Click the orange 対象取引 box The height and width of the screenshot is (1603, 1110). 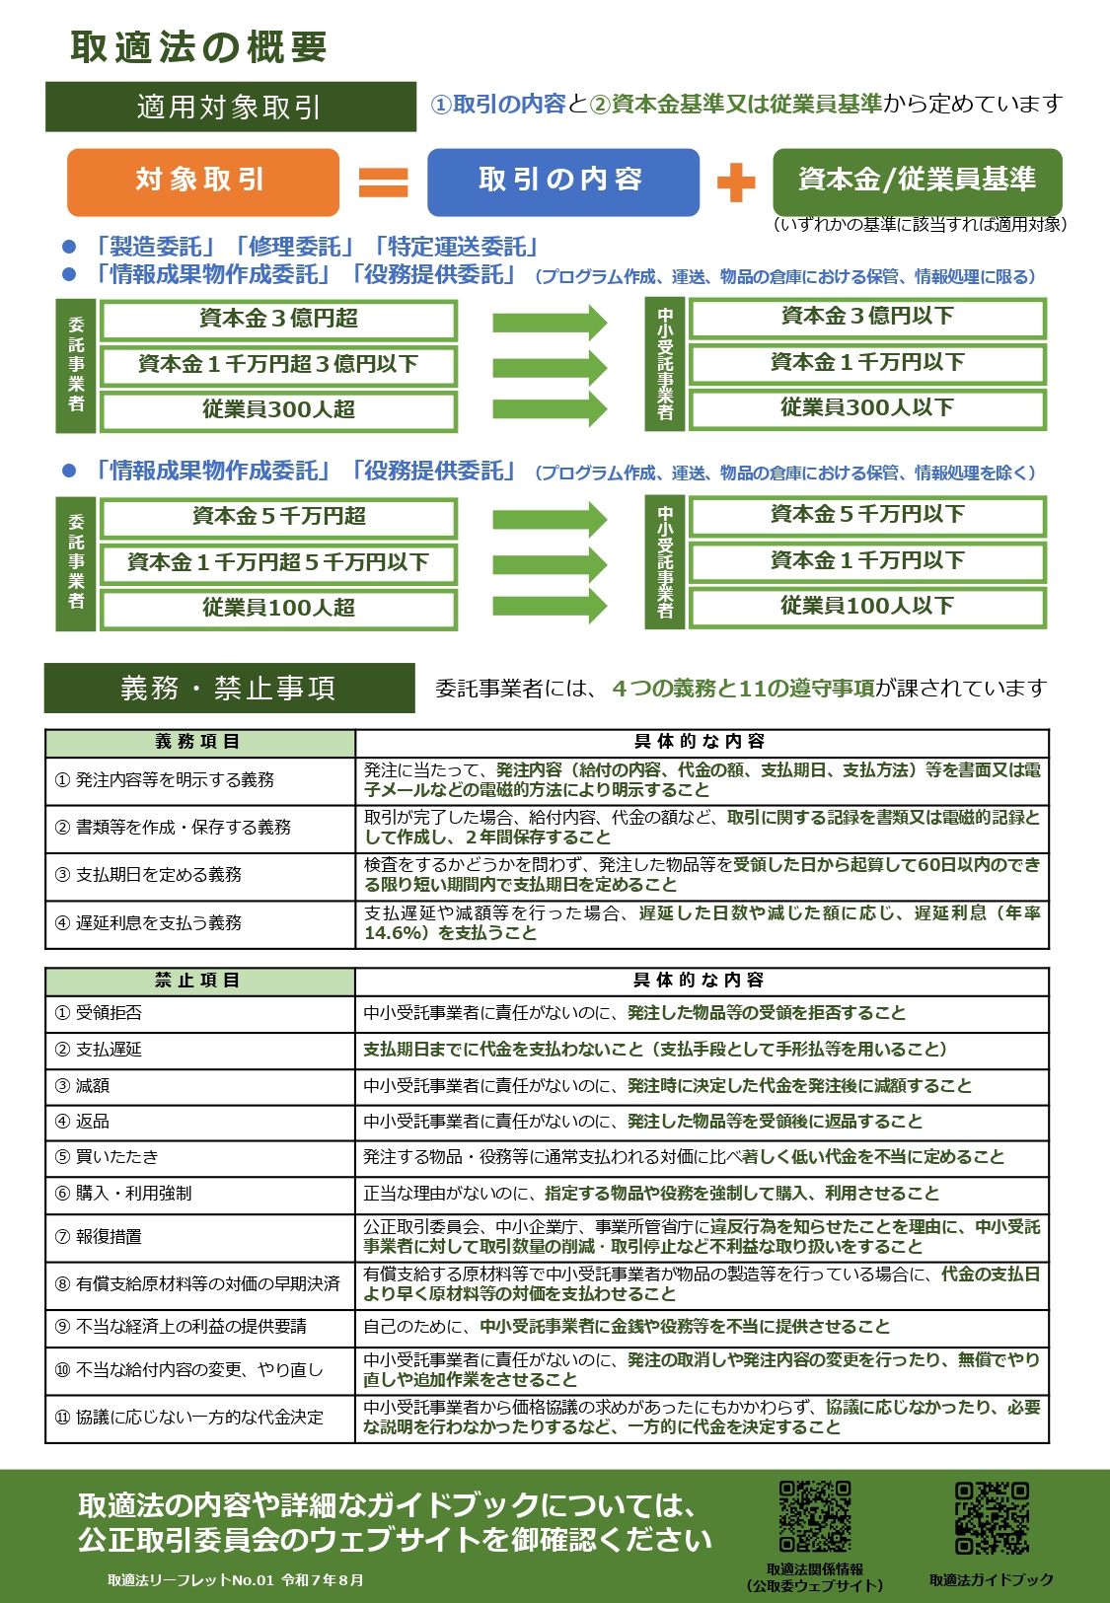click(x=202, y=182)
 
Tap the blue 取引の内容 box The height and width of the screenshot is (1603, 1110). click(x=562, y=182)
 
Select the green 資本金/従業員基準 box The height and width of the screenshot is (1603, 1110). click(x=917, y=181)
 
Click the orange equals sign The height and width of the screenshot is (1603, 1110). click(x=383, y=182)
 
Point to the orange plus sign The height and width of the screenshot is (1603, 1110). click(x=735, y=182)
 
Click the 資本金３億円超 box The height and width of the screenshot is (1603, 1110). click(x=278, y=320)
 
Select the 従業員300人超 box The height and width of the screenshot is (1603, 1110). click(x=278, y=410)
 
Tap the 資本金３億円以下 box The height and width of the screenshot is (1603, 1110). click(x=867, y=318)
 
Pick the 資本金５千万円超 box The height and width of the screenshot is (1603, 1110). click(x=278, y=517)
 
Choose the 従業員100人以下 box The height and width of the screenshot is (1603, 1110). click(x=867, y=606)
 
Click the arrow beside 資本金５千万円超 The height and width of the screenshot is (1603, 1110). click(x=550, y=519)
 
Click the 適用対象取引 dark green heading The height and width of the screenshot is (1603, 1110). click(x=230, y=107)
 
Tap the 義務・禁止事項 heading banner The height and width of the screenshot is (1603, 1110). click(x=229, y=688)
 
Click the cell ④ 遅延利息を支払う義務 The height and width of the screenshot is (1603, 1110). click(x=199, y=923)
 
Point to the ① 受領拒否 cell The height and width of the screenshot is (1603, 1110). click(x=199, y=1013)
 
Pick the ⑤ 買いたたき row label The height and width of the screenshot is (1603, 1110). click(x=199, y=1157)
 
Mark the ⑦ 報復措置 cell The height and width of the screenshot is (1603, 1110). click(x=199, y=1237)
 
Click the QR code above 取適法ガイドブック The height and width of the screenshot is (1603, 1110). click(x=992, y=1517)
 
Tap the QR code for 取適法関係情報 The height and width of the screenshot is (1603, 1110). click(x=815, y=1515)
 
